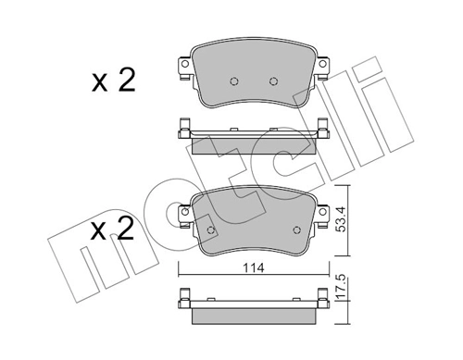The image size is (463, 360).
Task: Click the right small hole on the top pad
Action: tap(272, 80)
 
